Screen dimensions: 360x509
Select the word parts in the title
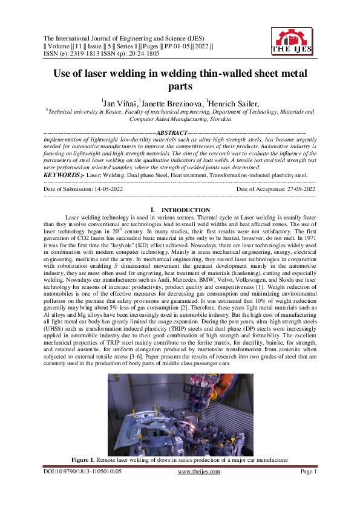tap(180, 88)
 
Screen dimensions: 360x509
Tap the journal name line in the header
tap(119, 36)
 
